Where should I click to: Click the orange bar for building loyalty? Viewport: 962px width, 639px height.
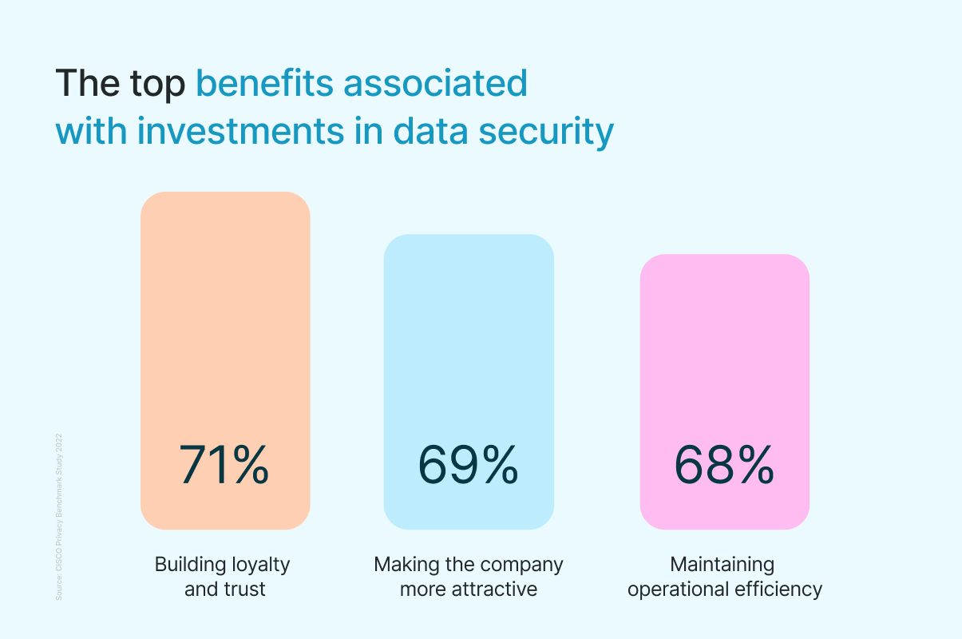(225, 319)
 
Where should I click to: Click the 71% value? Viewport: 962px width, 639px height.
(224, 465)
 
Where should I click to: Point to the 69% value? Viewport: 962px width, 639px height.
(469, 465)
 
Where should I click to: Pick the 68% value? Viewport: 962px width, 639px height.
(724, 465)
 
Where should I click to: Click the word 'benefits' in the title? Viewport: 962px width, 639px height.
(264, 83)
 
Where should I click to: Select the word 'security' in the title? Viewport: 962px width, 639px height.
(546, 131)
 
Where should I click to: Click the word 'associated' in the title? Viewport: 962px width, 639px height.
(436, 83)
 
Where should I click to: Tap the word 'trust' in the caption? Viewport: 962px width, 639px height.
(244, 590)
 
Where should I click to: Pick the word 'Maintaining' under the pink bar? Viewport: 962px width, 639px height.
(722, 565)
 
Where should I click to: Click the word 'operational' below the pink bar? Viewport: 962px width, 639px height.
(678, 590)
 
